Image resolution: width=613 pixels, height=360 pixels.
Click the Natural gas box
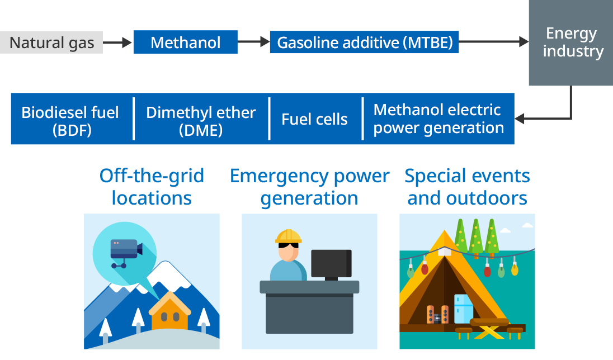click(51, 43)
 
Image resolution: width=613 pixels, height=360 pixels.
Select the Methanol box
click(185, 42)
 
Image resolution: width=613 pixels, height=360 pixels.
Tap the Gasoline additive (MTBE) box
click(364, 42)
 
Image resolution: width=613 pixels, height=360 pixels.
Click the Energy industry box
click(570, 43)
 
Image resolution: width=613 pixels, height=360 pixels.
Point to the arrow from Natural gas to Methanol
click(117, 42)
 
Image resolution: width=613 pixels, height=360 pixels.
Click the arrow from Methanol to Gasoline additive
click(253, 42)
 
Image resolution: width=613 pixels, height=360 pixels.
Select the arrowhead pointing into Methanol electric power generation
click(520, 119)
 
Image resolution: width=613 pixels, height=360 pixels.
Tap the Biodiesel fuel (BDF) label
click(70, 121)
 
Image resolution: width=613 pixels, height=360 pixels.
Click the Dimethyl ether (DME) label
click(201, 121)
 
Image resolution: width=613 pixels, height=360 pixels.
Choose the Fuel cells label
click(314, 119)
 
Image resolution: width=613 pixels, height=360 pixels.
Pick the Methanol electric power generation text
click(438, 119)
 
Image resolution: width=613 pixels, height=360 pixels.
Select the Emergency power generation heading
click(309, 187)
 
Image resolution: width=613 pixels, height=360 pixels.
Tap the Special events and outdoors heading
click(467, 187)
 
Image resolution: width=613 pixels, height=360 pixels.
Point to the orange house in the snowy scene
click(169, 314)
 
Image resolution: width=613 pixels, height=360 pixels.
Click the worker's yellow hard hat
click(289, 236)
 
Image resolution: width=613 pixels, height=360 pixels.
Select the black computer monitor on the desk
click(331, 264)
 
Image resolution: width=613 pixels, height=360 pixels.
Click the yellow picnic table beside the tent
click(490, 328)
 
